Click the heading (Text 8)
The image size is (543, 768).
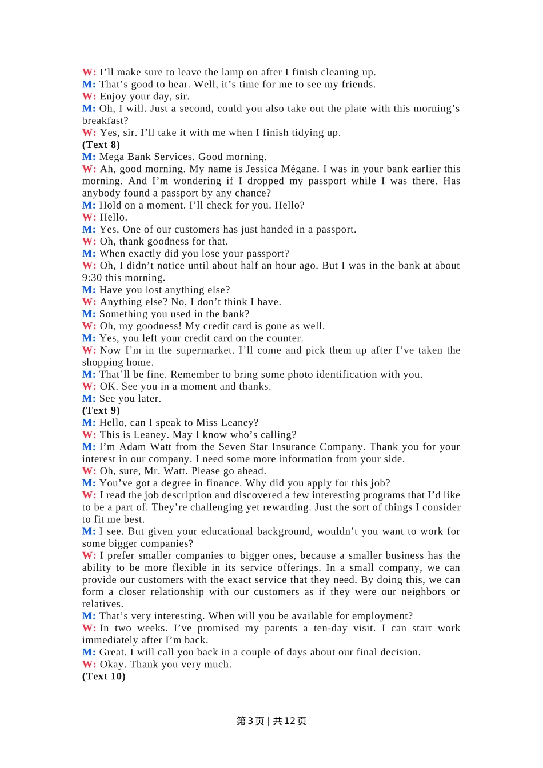[x=101, y=145]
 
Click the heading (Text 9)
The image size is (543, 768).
[x=101, y=411]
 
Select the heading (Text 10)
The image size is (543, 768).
[x=103, y=677]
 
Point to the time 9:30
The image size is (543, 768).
[x=92, y=278]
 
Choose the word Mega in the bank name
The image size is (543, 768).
[x=111, y=157]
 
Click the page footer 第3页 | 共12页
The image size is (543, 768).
[x=271, y=721]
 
